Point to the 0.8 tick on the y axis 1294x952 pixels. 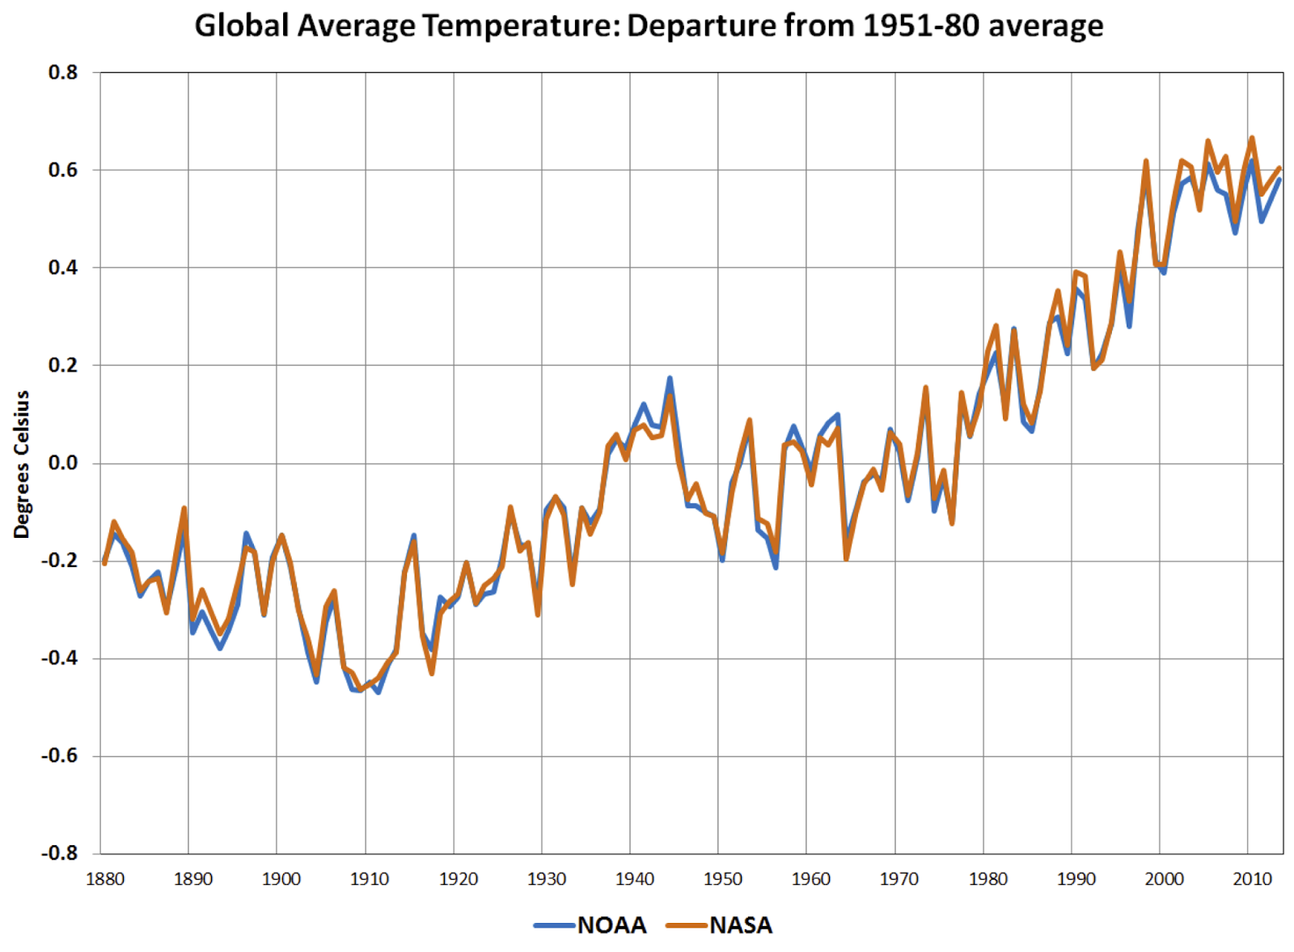63,73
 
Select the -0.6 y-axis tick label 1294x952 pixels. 60,755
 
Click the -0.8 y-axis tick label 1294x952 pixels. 60,853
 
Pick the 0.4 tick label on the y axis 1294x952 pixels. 63,268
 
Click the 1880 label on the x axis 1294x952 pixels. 105,879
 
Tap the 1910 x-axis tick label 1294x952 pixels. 370,879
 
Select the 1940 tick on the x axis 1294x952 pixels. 635,879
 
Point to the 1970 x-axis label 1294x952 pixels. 899,879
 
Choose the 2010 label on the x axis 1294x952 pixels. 1253,879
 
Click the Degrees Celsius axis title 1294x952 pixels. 22,464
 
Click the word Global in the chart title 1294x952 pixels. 242,26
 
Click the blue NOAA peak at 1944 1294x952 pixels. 670,378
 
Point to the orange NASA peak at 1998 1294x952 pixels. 1146,161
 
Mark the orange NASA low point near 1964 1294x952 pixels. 846,558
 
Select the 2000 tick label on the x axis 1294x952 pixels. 1165,879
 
